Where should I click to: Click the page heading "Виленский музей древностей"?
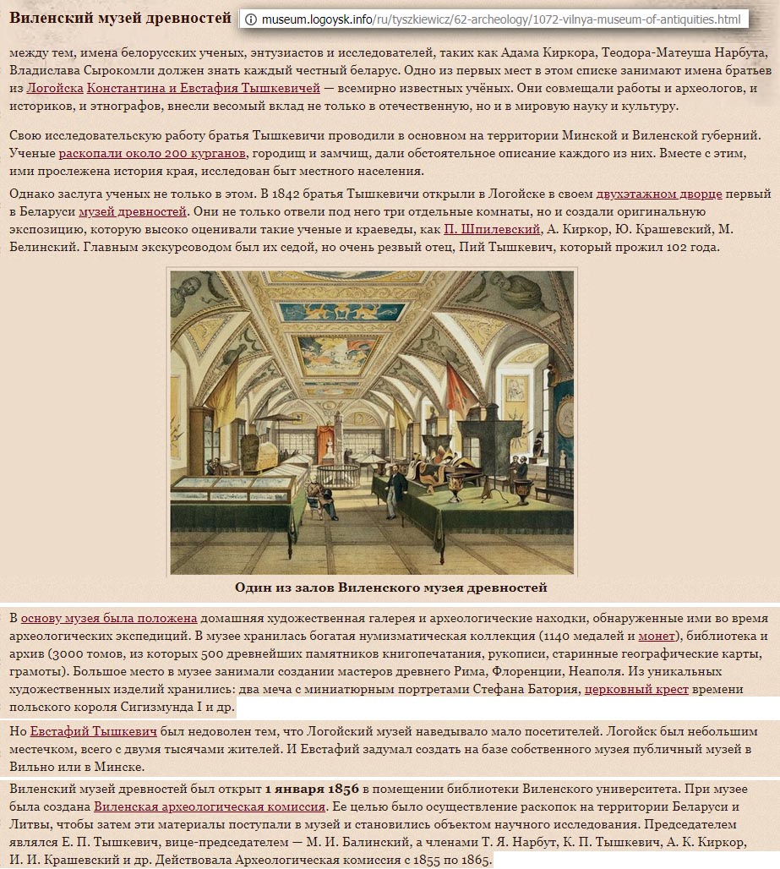click(x=120, y=18)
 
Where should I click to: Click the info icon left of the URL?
click(x=250, y=19)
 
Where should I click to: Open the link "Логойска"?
click(x=54, y=87)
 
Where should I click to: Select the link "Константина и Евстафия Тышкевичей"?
click(x=204, y=87)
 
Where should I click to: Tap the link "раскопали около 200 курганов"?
click(x=152, y=153)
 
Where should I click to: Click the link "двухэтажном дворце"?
click(x=659, y=194)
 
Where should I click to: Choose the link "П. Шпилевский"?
click(x=492, y=228)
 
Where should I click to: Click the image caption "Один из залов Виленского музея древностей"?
click(x=390, y=587)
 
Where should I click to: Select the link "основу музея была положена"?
click(x=109, y=618)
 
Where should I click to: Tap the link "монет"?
click(x=656, y=636)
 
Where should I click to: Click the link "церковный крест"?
click(x=636, y=689)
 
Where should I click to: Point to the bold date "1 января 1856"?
click(x=308, y=789)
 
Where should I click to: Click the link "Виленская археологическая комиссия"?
click(x=209, y=806)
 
